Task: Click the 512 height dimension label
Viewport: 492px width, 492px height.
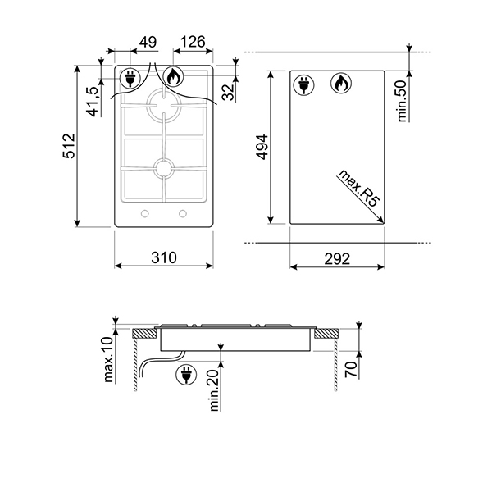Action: pyautogui.click(x=69, y=146)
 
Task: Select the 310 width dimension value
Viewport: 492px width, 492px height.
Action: pyautogui.click(x=164, y=257)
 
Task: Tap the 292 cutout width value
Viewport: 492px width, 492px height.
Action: pyautogui.click(x=337, y=258)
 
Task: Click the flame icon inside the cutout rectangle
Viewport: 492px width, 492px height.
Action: pyautogui.click(x=340, y=83)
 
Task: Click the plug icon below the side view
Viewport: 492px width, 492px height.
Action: pyautogui.click(x=187, y=376)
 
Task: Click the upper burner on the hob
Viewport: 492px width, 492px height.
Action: pyautogui.click(x=162, y=107)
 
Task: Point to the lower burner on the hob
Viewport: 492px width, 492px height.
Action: pyautogui.click(x=163, y=168)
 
